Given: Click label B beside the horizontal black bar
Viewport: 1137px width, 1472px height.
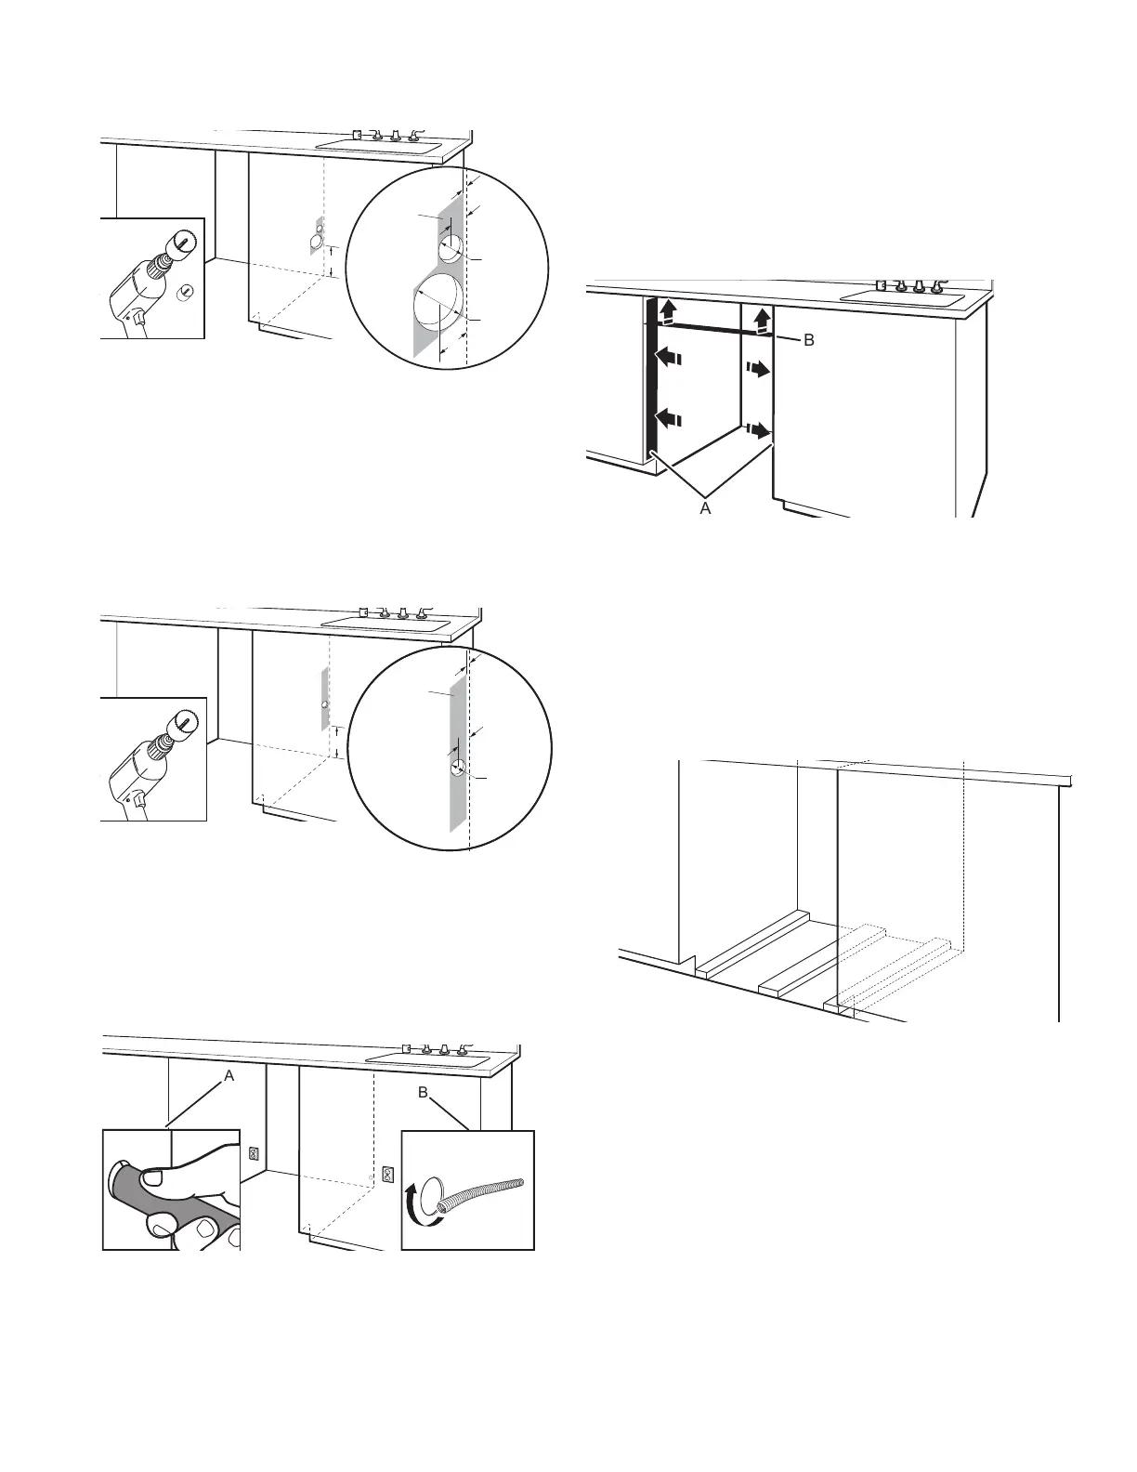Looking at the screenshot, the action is pyautogui.click(x=808, y=341).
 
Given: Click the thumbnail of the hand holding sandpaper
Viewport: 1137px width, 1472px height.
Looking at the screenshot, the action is pyautogui.click(x=172, y=1189).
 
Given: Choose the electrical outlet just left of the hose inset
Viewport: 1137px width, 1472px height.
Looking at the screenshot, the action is pyautogui.click(x=387, y=1174).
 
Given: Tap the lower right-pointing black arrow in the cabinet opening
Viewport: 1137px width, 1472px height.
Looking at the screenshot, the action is pyautogui.click(x=760, y=430).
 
